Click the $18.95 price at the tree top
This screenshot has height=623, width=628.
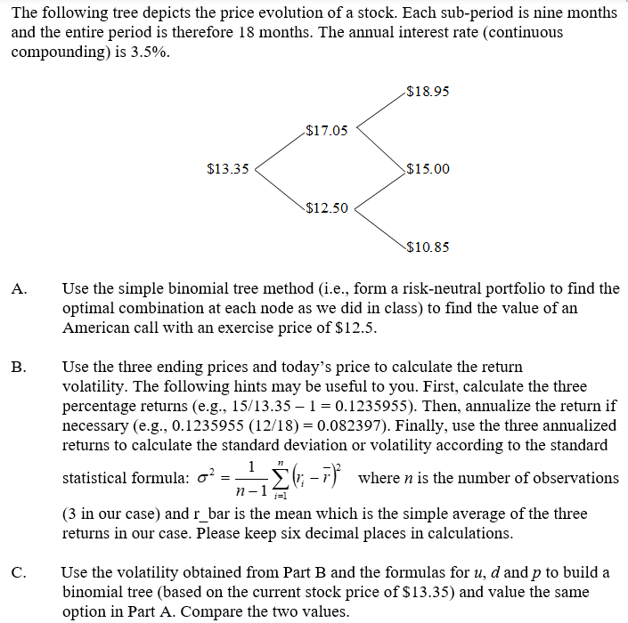pyautogui.click(x=426, y=91)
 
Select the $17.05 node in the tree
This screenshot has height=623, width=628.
pyautogui.click(x=326, y=131)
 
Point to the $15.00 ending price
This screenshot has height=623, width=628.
pyautogui.click(x=427, y=169)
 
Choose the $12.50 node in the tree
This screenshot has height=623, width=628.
pyautogui.click(x=326, y=208)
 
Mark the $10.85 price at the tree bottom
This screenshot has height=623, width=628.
pyautogui.click(x=427, y=247)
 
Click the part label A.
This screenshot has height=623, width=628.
pyautogui.click(x=19, y=288)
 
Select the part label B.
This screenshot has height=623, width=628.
pyautogui.click(x=19, y=366)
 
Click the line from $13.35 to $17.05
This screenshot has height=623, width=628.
pyautogui.click(x=279, y=150)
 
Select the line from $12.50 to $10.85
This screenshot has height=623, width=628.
pyautogui.click(x=379, y=228)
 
